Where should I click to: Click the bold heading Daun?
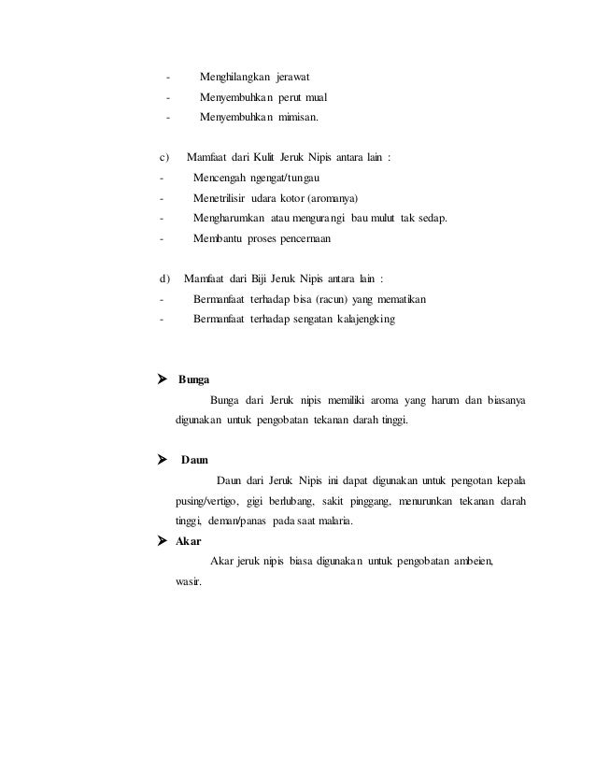coord(194,460)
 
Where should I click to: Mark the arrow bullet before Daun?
coord(163,460)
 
